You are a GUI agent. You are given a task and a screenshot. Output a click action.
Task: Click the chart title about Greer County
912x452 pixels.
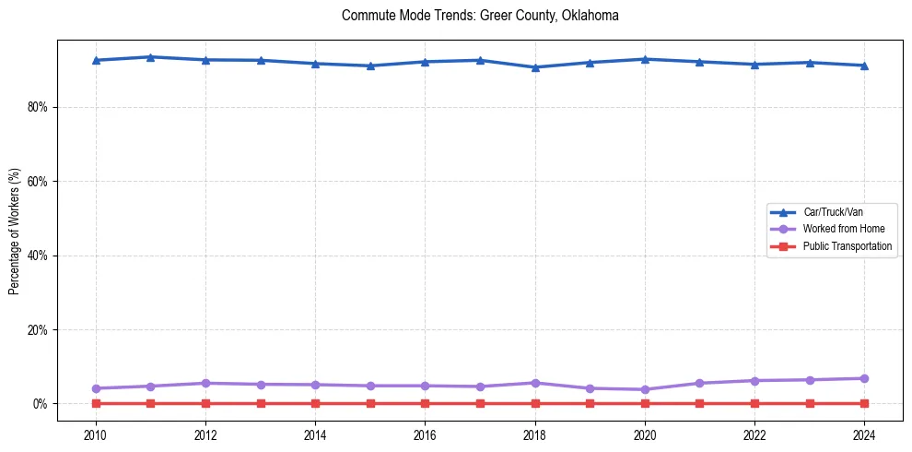tap(479, 16)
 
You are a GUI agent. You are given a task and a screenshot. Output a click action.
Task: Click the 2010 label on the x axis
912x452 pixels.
tap(96, 435)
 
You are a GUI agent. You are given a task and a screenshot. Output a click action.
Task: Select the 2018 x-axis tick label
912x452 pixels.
tap(535, 435)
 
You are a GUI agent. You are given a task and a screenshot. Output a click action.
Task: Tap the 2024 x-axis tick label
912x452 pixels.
tap(864, 435)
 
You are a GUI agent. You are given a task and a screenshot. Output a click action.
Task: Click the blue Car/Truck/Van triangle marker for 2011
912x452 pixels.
tap(150, 57)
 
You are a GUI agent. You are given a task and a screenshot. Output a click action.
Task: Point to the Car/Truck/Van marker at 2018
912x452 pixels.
tap(535, 67)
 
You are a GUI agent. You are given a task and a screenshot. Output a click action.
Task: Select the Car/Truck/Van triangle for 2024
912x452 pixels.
tap(864, 65)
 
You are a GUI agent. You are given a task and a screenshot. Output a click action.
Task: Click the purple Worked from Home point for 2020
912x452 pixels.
tap(645, 389)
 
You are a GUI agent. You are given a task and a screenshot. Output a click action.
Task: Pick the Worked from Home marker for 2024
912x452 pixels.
tap(864, 378)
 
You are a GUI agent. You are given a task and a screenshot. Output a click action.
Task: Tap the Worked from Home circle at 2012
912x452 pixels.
tap(205, 383)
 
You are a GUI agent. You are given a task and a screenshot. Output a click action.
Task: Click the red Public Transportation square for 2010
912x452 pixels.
tap(96, 403)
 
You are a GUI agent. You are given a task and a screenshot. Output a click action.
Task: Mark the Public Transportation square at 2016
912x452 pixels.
tap(425, 403)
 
